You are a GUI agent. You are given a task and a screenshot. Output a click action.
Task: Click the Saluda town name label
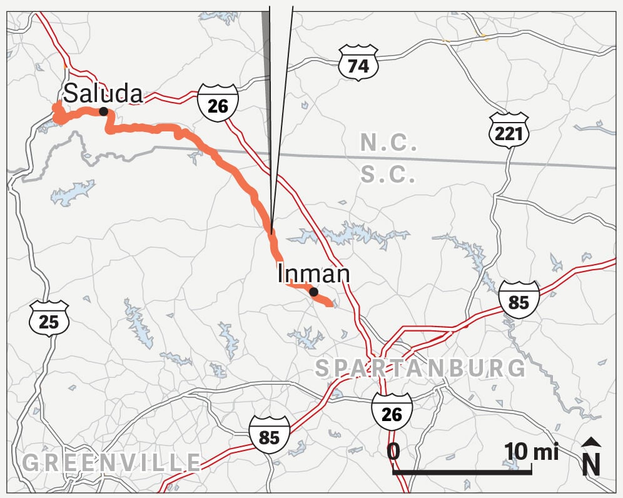(103, 94)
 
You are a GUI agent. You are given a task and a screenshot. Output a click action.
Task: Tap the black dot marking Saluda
(103, 112)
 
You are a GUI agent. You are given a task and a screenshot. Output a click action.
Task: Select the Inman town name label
(313, 274)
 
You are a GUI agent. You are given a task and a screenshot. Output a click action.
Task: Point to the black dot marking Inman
(313, 292)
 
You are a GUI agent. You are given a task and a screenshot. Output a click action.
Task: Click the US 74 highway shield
(358, 63)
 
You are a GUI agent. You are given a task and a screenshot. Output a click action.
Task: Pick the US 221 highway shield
(509, 130)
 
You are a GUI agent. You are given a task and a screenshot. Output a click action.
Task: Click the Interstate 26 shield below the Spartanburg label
(392, 411)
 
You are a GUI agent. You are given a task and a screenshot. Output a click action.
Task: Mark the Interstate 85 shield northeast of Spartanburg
(519, 300)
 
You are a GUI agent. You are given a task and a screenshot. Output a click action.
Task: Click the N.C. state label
(388, 144)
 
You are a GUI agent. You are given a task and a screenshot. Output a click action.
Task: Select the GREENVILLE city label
(111, 462)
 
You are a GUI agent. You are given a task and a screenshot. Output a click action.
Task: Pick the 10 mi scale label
(531, 451)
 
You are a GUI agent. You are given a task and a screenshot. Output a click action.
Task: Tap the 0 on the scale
(393, 451)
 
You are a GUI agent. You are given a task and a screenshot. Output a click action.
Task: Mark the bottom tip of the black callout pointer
(271, 233)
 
